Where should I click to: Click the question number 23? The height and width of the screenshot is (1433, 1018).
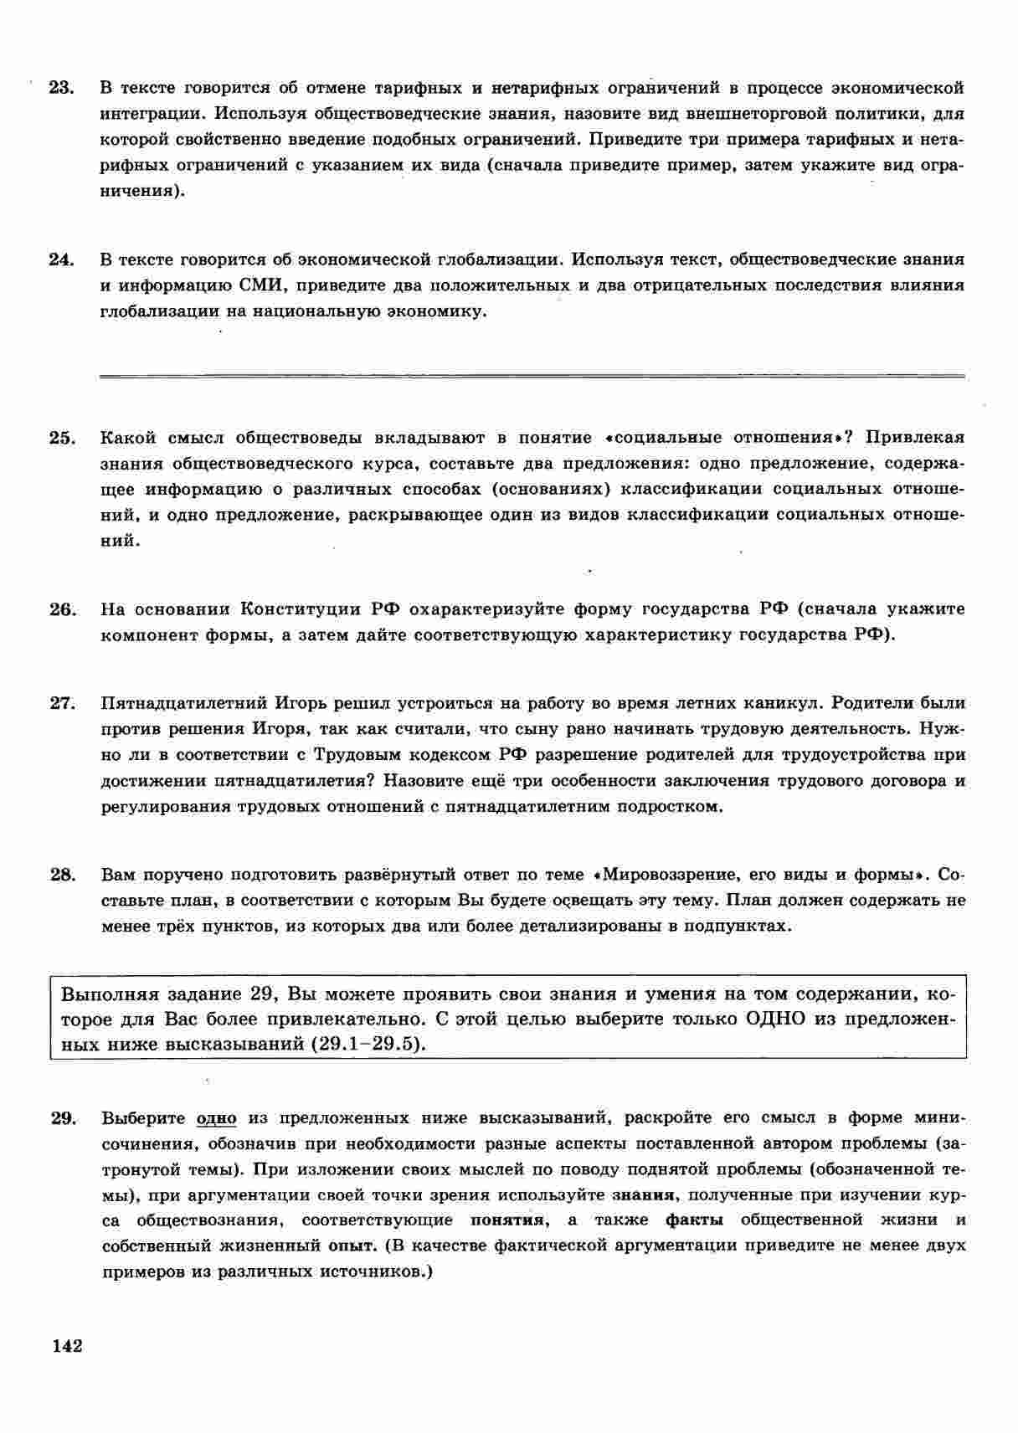[62, 88]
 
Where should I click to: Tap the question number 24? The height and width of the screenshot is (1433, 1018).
[62, 259]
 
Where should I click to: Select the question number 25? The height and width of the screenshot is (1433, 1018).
[62, 438]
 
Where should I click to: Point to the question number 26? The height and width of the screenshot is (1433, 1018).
[62, 609]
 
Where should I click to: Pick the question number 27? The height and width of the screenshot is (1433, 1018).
[62, 703]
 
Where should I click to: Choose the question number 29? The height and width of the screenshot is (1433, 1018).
[62, 1118]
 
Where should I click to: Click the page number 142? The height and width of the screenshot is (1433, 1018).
[67, 1347]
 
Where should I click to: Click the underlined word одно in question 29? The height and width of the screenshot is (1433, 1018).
[216, 1118]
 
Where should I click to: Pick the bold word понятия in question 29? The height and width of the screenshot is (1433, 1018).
[508, 1220]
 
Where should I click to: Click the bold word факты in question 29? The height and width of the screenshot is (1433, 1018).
[694, 1220]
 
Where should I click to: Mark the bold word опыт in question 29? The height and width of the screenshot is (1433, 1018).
[352, 1245]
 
